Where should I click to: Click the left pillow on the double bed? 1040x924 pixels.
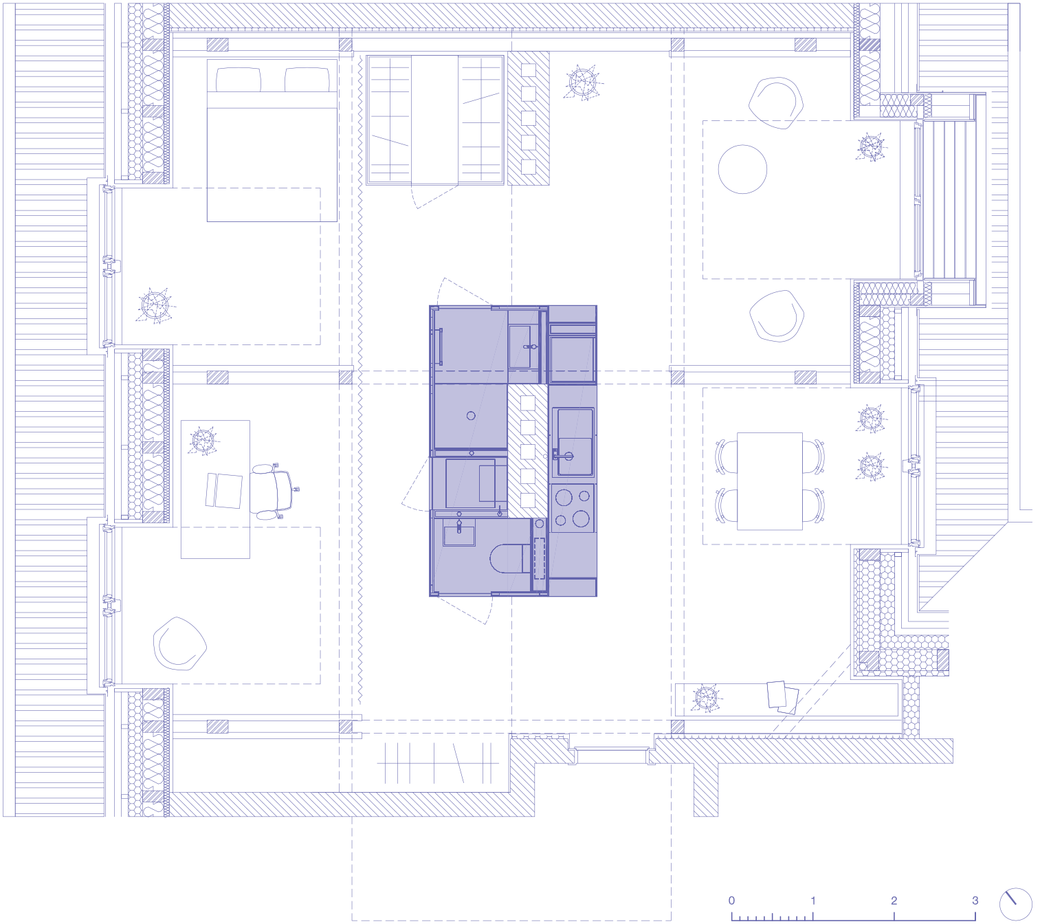click(239, 80)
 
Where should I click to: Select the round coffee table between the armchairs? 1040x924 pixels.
click(742, 169)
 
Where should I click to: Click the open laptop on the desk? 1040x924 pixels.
click(224, 491)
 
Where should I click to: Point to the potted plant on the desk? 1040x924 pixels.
click(203, 441)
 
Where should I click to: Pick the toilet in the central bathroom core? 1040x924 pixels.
click(510, 558)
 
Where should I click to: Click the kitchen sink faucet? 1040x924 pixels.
click(562, 455)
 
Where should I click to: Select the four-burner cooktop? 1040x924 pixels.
click(573, 508)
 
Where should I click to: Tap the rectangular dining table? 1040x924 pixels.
click(769, 481)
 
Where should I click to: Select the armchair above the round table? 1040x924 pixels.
click(775, 102)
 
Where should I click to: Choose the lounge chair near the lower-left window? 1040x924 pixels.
click(179, 643)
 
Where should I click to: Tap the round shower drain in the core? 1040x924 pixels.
click(471, 416)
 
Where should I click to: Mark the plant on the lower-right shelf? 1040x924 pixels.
click(706, 697)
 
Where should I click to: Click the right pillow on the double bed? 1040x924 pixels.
click(307, 80)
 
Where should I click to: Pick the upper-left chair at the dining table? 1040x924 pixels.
click(724, 456)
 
